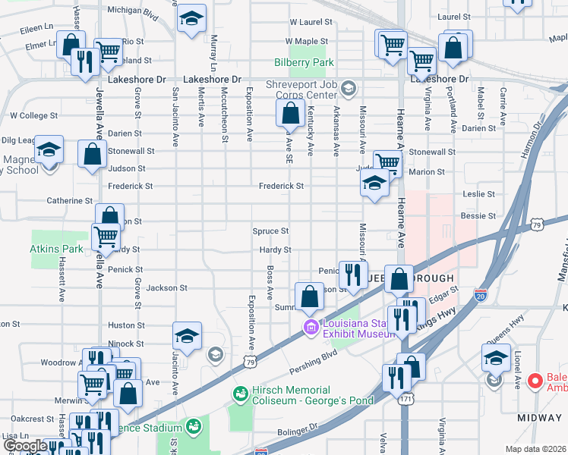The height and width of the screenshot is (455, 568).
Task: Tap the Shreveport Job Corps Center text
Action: point(301,89)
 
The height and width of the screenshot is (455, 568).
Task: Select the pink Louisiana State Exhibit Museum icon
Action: point(309,328)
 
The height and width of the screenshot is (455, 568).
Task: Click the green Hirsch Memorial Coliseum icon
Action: point(241,394)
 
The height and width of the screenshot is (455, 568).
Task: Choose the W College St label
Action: point(33,116)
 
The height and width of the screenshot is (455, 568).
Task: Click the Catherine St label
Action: point(69,201)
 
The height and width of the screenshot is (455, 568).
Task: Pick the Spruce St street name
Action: point(270,231)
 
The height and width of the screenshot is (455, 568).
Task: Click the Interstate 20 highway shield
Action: point(480,293)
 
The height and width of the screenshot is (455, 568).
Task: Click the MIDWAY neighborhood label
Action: point(539,418)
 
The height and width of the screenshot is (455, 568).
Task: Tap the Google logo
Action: point(26,446)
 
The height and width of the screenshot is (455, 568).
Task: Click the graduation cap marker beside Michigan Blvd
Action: point(192,17)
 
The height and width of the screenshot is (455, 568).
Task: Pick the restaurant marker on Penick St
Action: point(351,275)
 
